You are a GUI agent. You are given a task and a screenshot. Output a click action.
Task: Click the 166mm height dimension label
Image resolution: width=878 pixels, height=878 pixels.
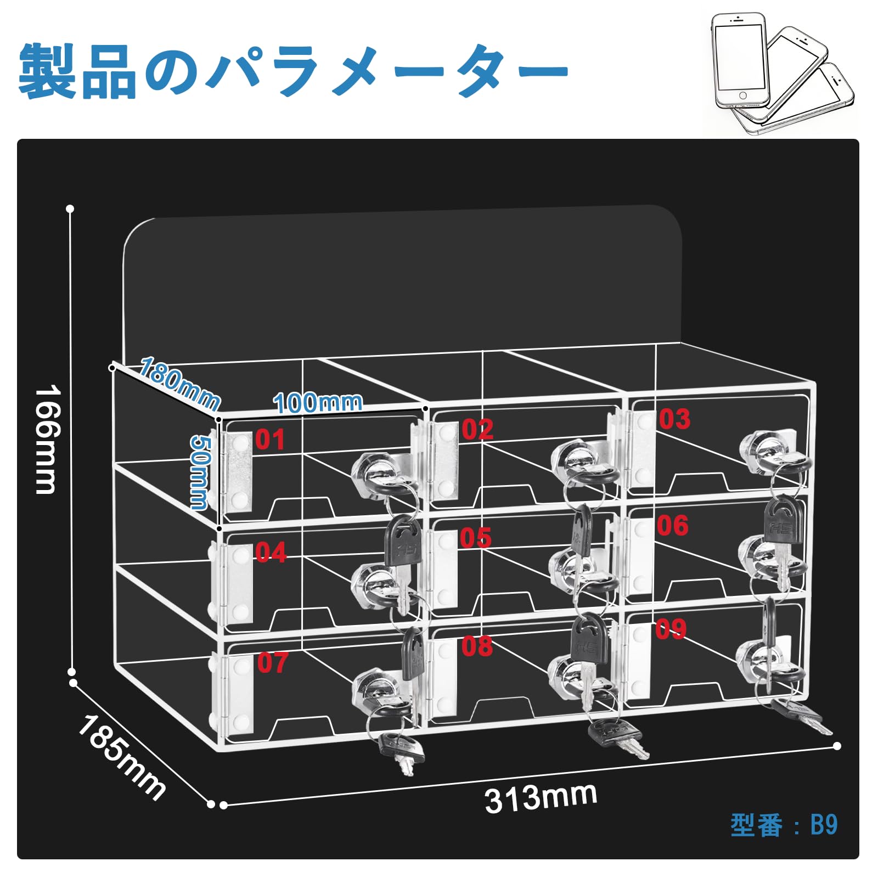[x=46, y=439]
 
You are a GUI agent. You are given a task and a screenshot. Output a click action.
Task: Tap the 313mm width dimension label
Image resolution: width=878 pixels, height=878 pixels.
[x=541, y=797]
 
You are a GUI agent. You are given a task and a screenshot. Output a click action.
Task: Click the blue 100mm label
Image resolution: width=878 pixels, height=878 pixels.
[x=318, y=403]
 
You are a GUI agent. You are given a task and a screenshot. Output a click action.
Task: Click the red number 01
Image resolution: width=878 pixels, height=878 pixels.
[x=270, y=440]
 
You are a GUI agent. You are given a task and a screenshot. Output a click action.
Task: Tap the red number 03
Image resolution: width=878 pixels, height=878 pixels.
[x=674, y=419]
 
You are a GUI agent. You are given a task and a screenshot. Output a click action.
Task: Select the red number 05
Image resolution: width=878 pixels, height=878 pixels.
[x=475, y=538]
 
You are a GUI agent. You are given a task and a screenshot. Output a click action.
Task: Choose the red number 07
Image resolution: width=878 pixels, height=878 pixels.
[x=272, y=663]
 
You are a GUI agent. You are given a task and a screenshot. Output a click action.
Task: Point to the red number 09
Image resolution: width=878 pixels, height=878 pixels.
[x=670, y=629]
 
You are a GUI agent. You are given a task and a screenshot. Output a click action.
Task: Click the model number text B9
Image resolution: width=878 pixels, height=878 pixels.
[x=824, y=825]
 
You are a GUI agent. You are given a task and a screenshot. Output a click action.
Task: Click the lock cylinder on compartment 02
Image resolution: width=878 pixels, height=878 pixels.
[x=573, y=460]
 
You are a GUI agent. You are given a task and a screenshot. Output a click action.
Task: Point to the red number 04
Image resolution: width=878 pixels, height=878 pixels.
[x=271, y=552]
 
